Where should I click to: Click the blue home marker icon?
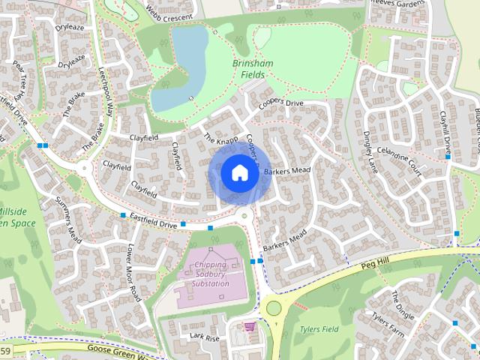point(238,172)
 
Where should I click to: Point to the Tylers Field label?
point(319,329)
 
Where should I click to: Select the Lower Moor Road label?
point(133,271)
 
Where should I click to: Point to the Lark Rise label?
point(204,337)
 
